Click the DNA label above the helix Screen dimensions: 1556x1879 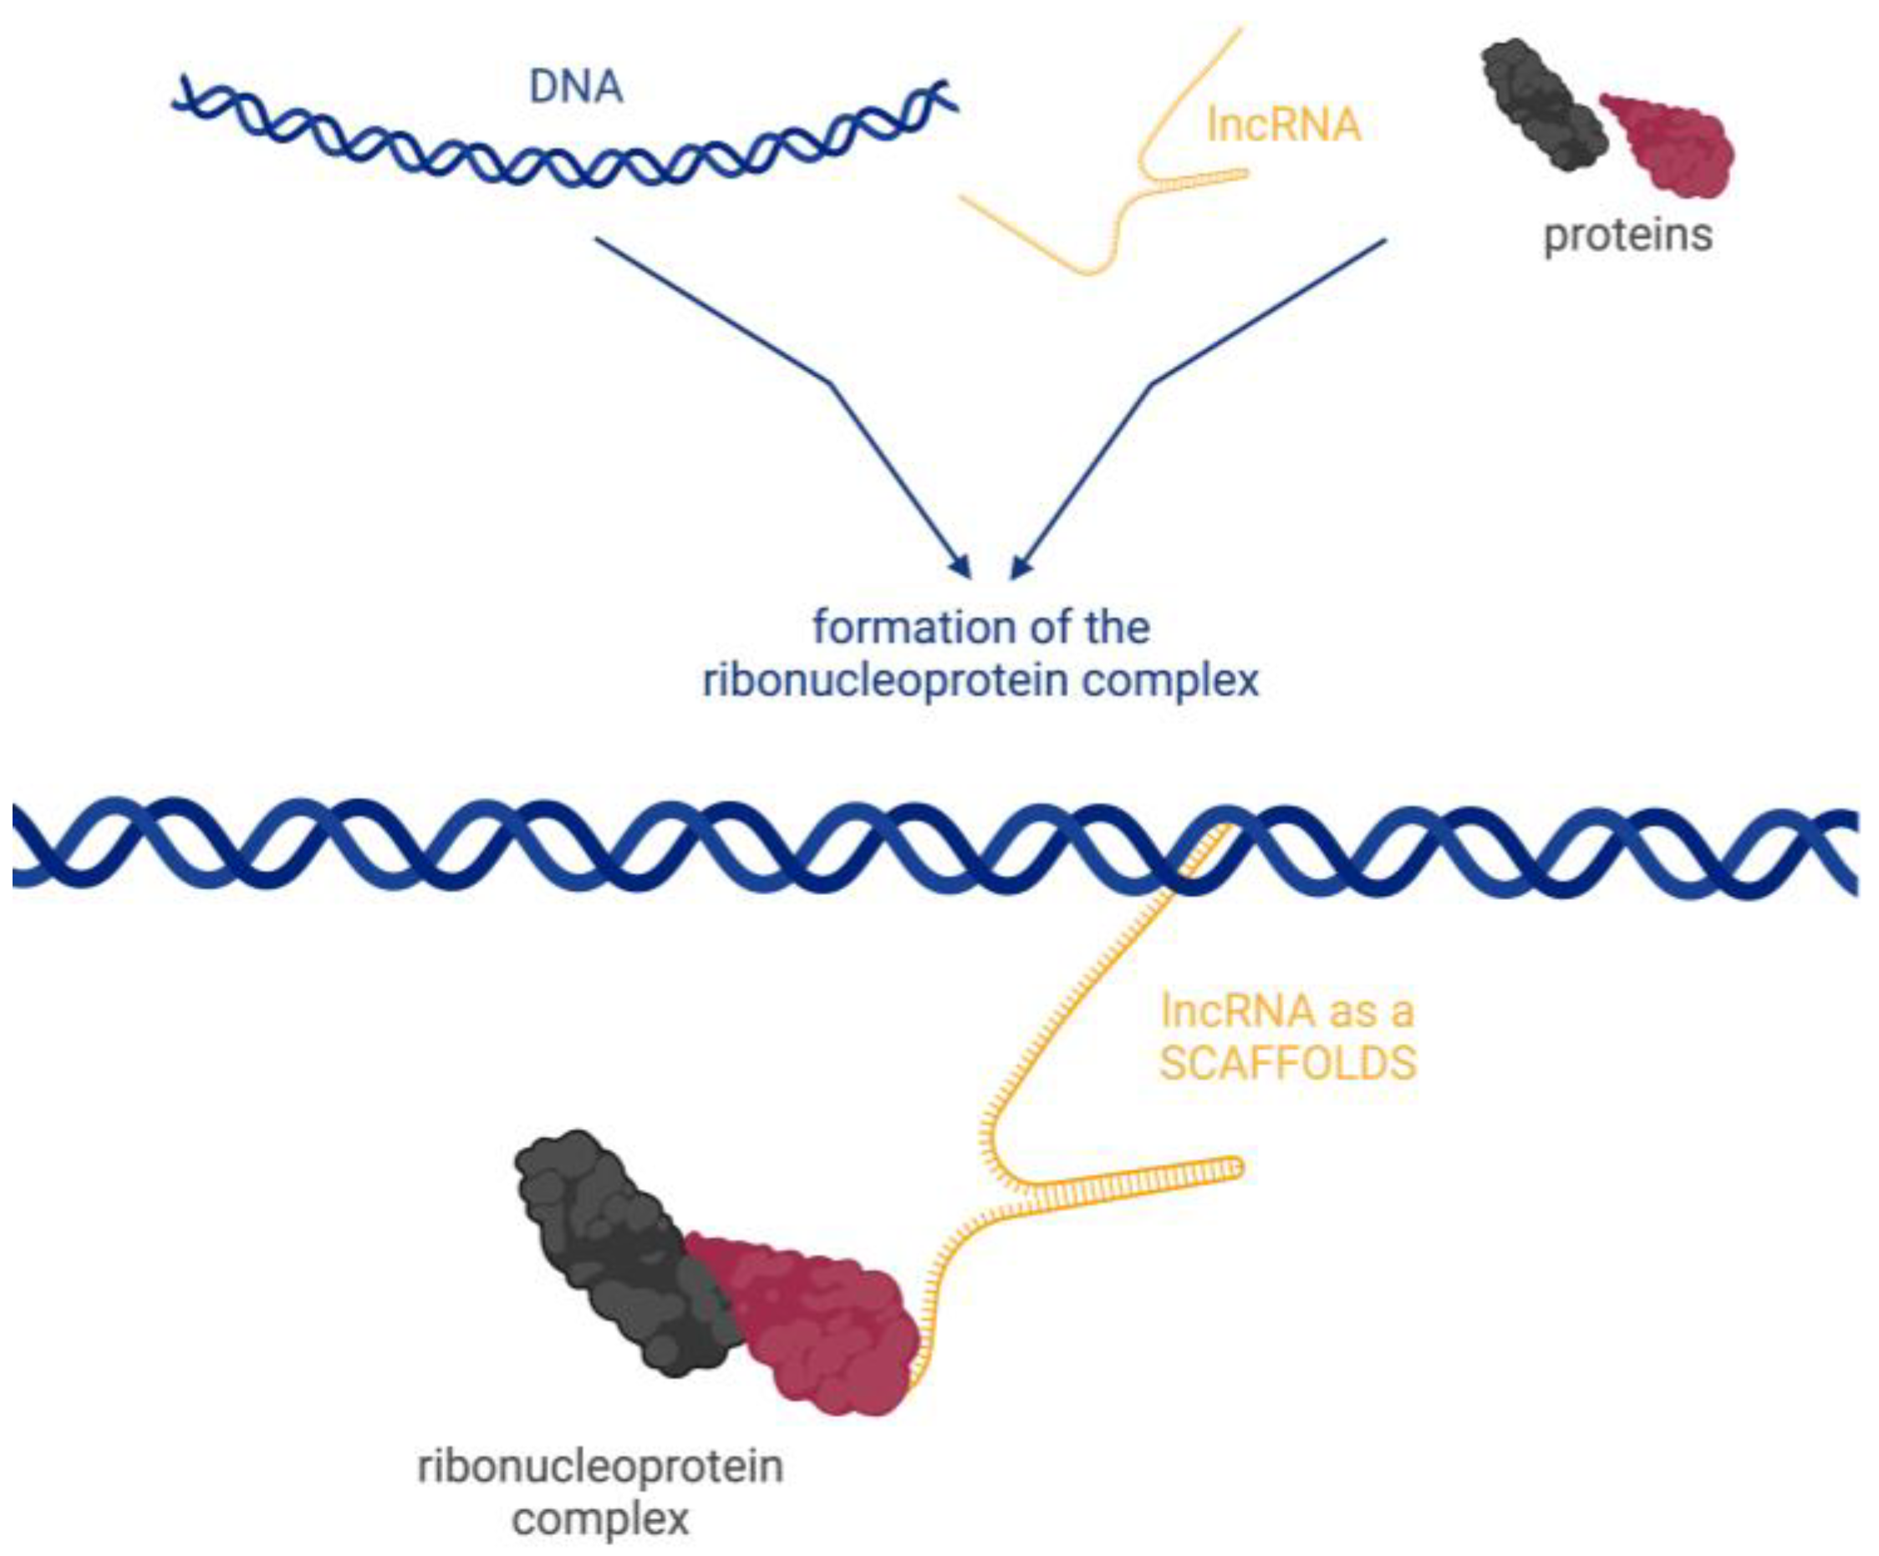click(575, 88)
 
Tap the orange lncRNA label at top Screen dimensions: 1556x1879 click(1283, 125)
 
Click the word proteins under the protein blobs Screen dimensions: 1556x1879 click(1627, 236)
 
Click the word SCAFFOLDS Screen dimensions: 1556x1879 click(1287, 1064)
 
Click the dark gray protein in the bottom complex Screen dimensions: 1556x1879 click(618, 1243)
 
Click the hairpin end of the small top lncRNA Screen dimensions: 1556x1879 click(1242, 173)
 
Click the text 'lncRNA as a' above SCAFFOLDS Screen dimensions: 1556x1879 click(1287, 1011)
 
